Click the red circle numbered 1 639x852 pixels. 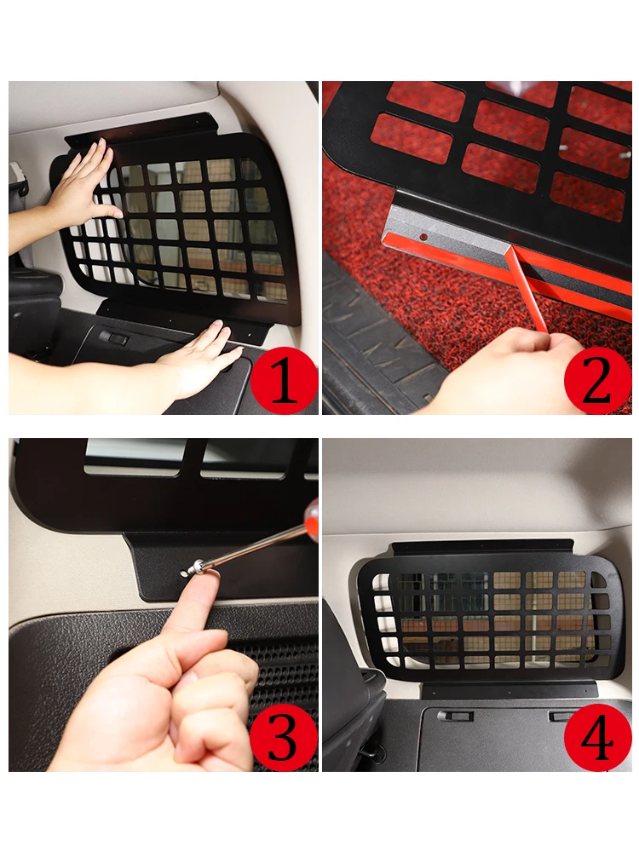pyautogui.click(x=284, y=380)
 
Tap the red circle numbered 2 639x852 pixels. pyautogui.click(x=598, y=380)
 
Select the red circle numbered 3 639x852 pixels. pyautogui.click(x=284, y=737)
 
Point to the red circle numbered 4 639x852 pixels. pyautogui.click(x=598, y=737)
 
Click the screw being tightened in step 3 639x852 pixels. pyautogui.click(x=193, y=568)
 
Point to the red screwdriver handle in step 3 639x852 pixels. pyautogui.click(x=312, y=518)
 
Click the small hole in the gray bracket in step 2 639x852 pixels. pyautogui.click(x=423, y=237)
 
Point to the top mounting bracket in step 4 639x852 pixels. pyautogui.click(x=482, y=547)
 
